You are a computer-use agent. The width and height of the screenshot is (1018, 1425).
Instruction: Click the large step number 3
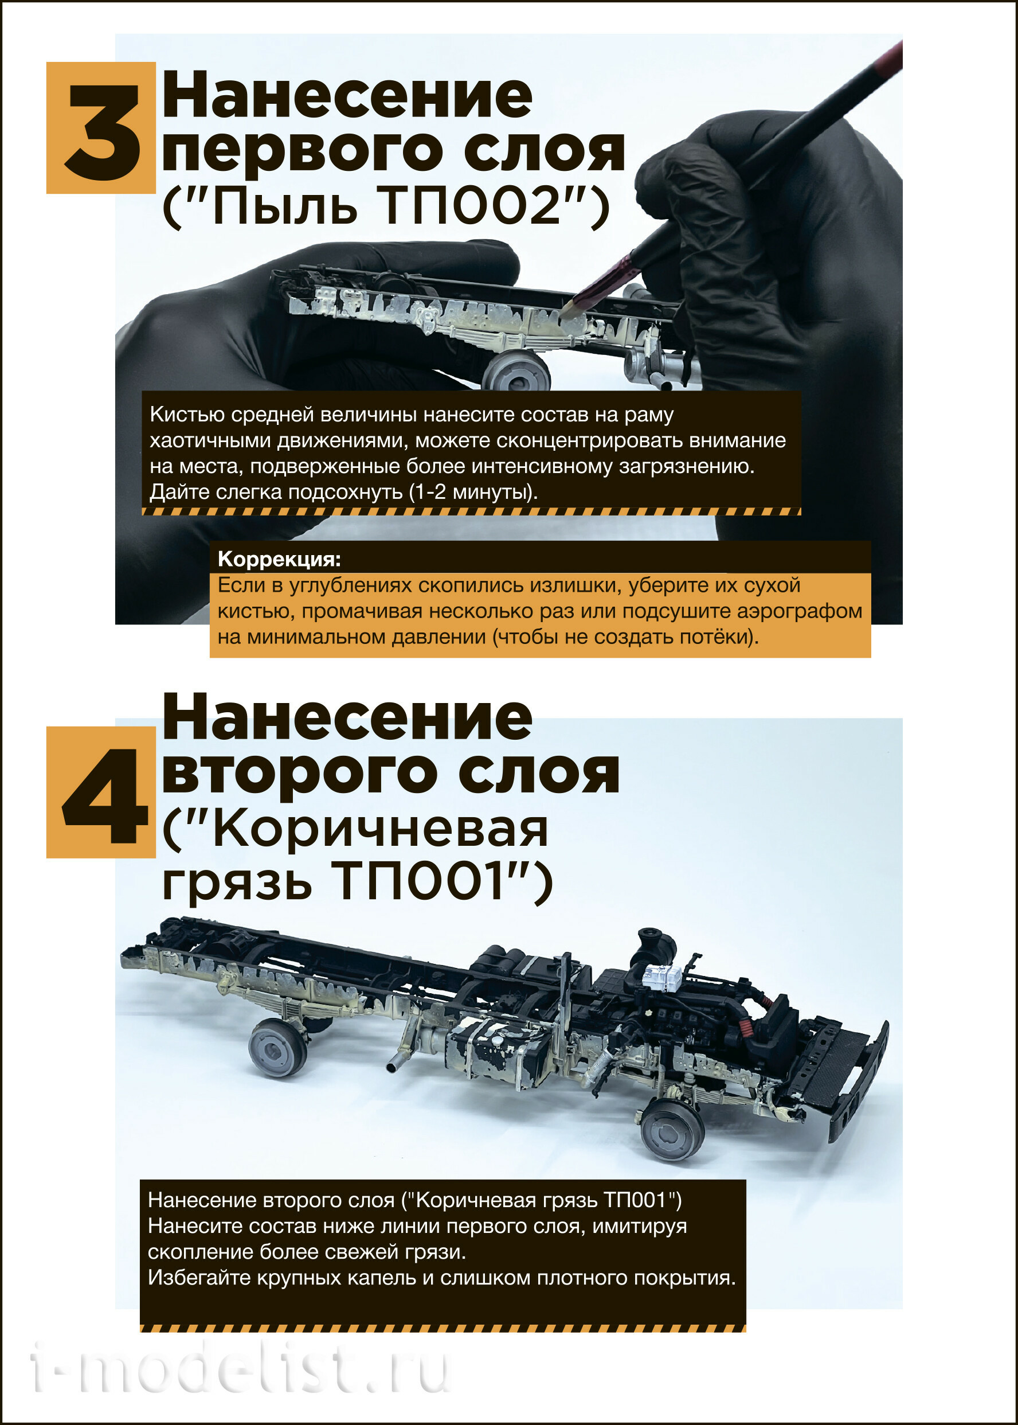[x=101, y=132]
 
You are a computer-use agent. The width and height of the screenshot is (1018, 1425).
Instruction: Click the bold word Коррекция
[x=279, y=559]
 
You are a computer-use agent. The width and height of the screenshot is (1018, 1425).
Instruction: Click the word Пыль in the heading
[x=285, y=207]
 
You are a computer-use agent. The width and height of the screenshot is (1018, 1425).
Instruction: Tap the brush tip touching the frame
[x=570, y=307]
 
